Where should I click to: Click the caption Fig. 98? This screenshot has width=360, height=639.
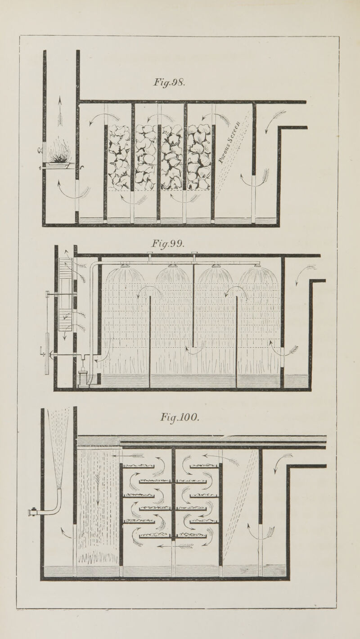170,83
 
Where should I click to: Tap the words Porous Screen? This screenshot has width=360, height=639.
230,143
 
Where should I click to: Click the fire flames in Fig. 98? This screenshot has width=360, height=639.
59,152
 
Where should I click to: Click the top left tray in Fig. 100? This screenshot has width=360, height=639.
139,466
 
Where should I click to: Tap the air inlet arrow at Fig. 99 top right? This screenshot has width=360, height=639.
305,274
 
